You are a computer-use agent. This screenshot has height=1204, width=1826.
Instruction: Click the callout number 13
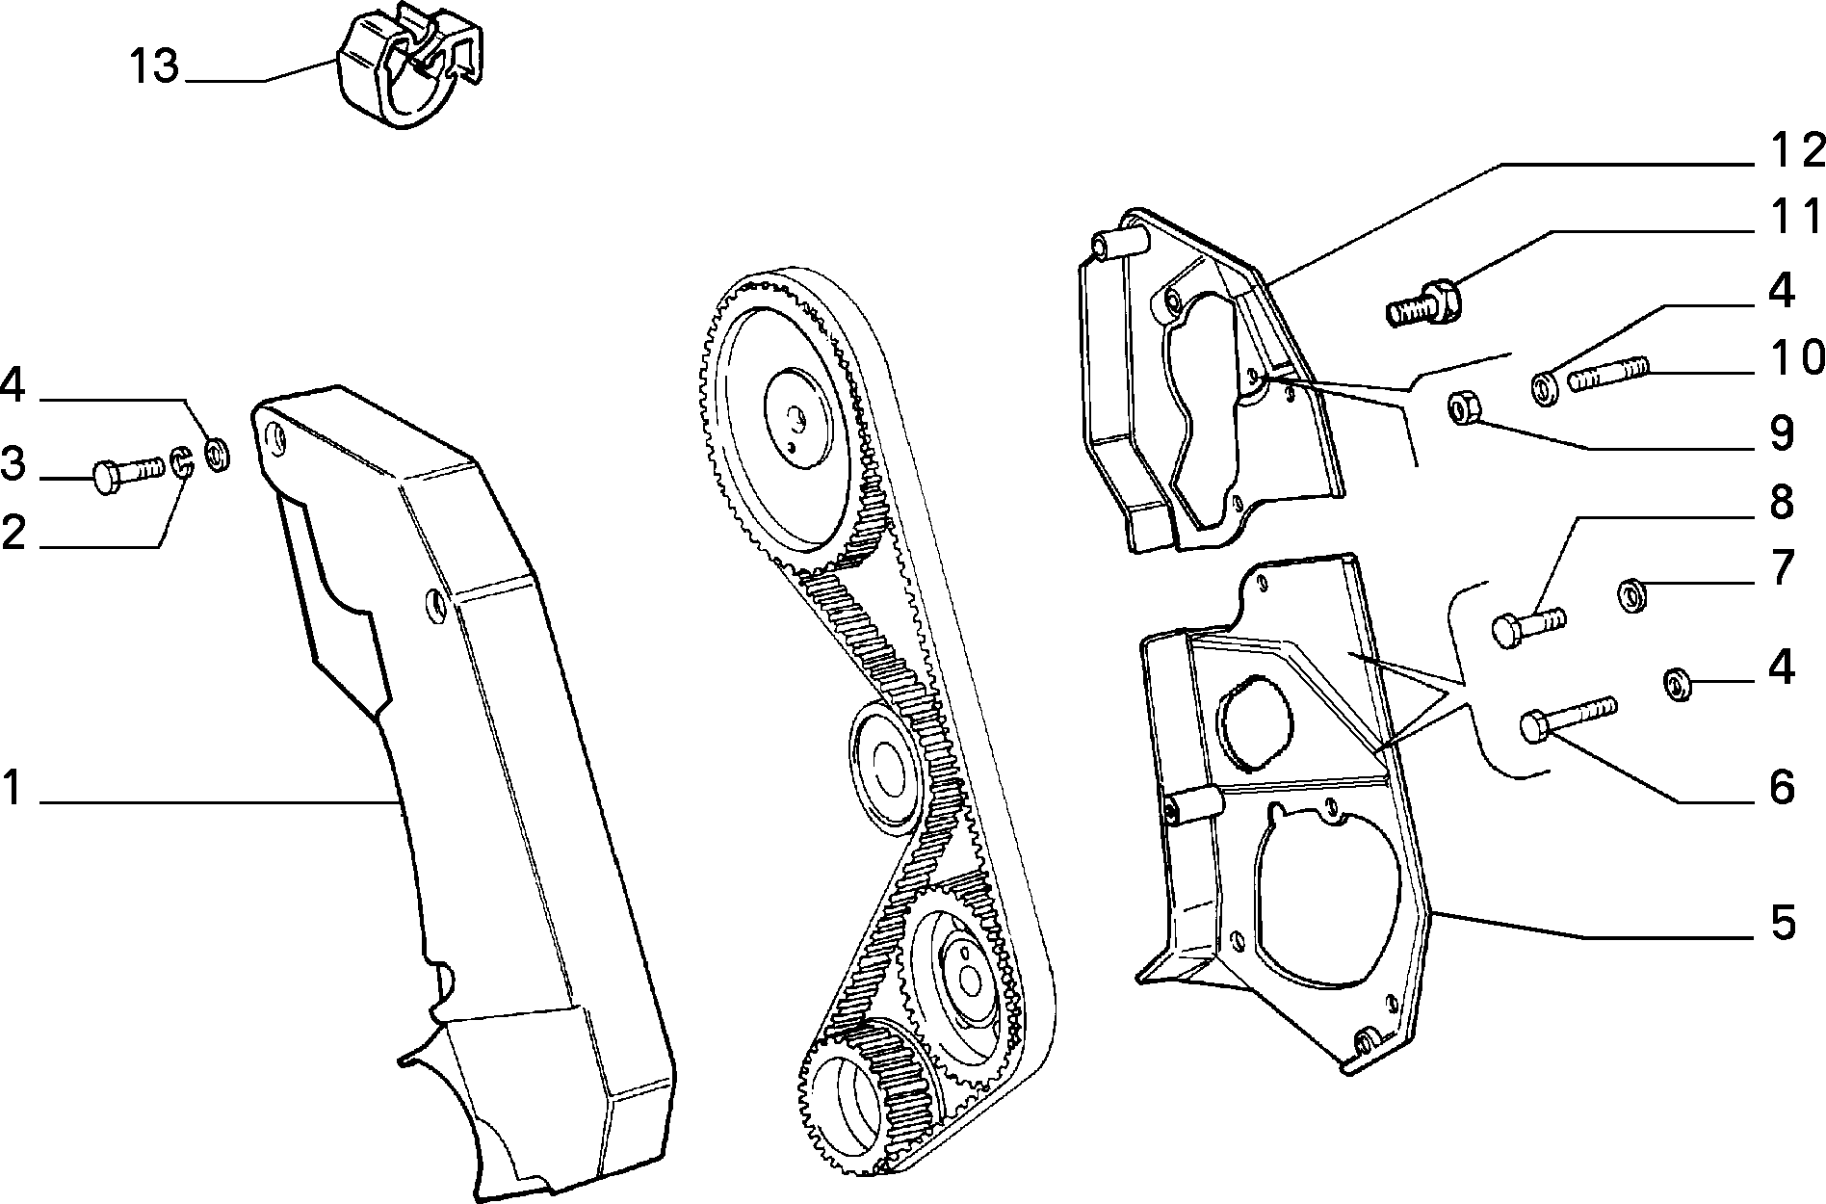[x=155, y=67]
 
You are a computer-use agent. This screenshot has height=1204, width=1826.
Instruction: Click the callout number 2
[x=13, y=532]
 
